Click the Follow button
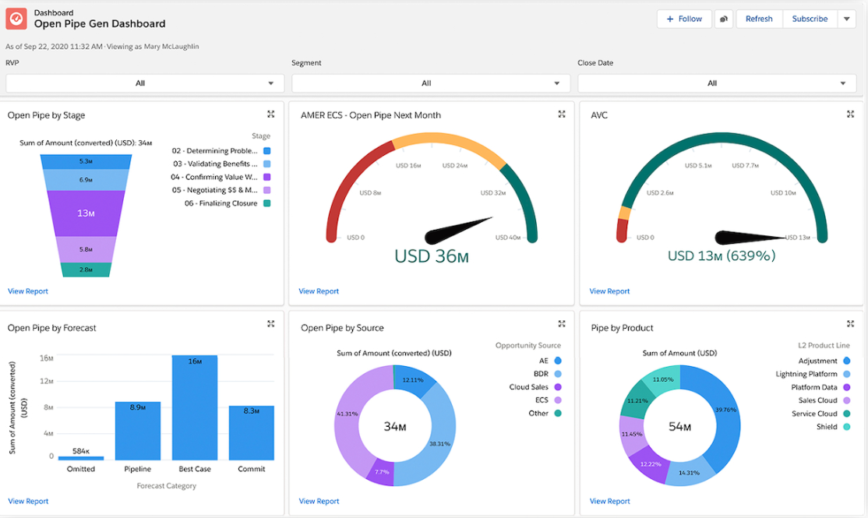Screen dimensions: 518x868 (x=684, y=19)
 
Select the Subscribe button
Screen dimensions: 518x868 (x=810, y=19)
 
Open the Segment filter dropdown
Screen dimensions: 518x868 (x=426, y=83)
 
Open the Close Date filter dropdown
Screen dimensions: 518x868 (x=712, y=83)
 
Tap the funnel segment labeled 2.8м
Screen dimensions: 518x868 (x=86, y=270)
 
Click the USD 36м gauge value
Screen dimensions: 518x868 (x=432, y=256)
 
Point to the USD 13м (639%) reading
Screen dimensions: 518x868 (x=721, y=256)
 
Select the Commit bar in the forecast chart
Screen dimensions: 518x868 (x=251, y=432)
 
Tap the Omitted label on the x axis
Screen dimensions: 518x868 (x=81, y=469)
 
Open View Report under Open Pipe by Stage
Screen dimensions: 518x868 (x=28, y=291)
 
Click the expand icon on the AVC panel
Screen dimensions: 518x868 (x=850, y=115)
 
